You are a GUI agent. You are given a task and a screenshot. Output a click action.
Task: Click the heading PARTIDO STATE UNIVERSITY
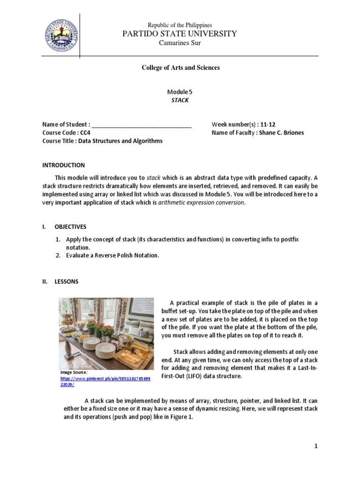180,34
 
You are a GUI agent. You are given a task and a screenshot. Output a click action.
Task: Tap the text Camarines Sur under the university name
180,43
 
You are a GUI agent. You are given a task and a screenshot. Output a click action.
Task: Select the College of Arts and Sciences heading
180,67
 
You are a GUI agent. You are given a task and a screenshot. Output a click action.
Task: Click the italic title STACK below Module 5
180,100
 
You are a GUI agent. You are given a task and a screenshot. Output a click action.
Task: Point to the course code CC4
84,133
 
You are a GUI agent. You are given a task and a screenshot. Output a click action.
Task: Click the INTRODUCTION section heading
63,165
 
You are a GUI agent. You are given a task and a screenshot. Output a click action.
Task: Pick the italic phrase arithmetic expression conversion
201,202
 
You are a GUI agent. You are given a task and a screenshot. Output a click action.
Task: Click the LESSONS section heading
67,282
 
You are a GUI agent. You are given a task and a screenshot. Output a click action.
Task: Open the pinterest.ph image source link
105,381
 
